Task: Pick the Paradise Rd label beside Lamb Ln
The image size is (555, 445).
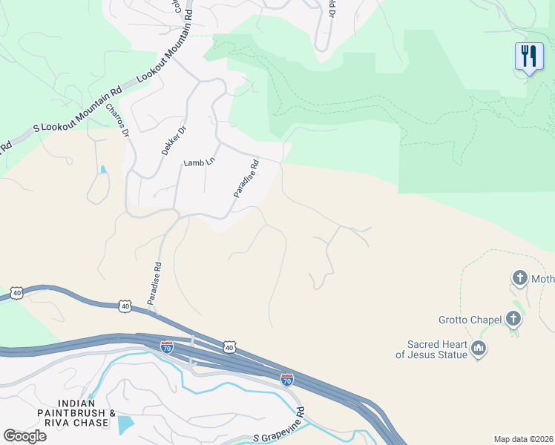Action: coord(246,179)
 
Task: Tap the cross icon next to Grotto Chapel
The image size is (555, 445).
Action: coord(513,320)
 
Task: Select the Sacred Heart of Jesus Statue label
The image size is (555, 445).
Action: coord(437,349)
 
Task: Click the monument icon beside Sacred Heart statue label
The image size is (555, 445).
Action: coord(479,349)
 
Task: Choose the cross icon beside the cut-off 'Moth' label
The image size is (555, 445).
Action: coord(519,279)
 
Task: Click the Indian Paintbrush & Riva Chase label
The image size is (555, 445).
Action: coord(77,418)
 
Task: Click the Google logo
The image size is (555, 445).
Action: coord(24,435)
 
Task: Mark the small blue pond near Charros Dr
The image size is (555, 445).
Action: coord(102,170)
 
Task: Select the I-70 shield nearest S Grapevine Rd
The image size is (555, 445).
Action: coord(287,380)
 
